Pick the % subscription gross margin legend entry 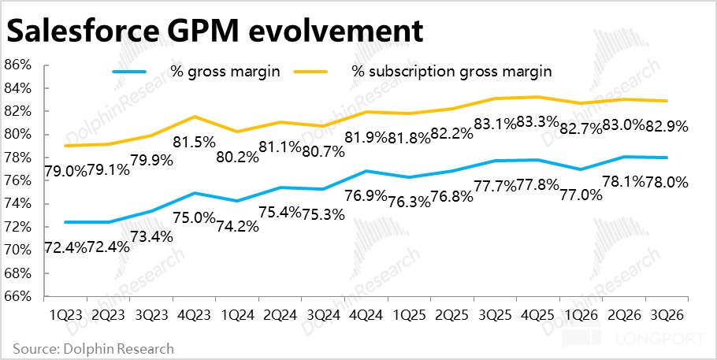click(x=451, y=71)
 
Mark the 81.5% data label click(x=193, y=143)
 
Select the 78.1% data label click(x=622, y=180)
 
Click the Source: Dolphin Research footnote click(x=92, y=347)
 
